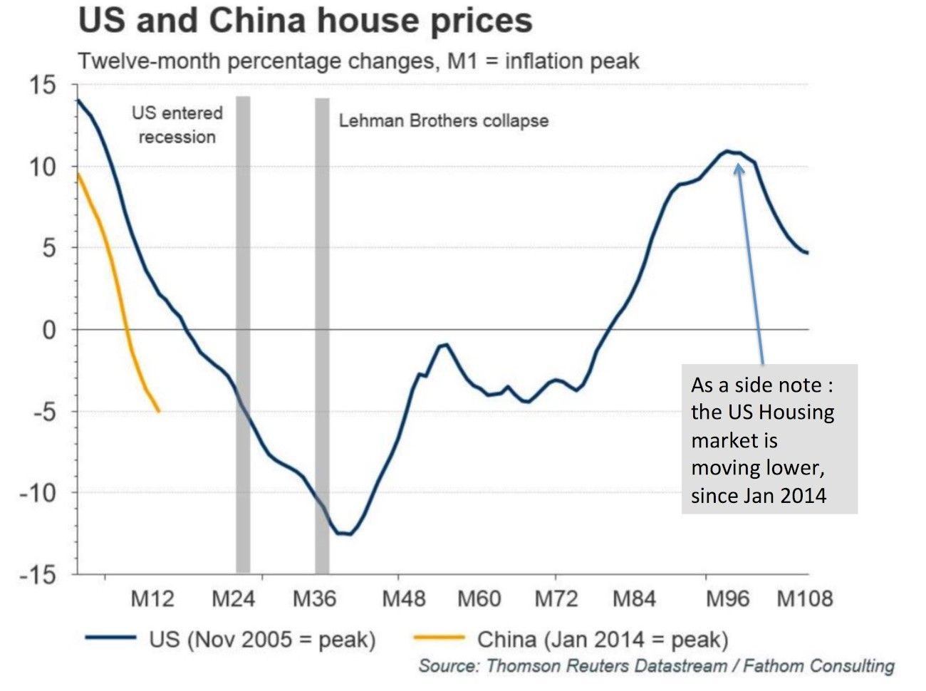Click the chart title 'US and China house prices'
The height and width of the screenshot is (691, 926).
(x=305, y=21)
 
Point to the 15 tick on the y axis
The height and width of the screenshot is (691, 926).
(x=43, y=86)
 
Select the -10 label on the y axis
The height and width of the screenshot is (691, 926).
(x=37, y=493)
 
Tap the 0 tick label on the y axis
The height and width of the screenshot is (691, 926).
(x=48, y=331)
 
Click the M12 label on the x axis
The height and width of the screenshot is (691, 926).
(x=152, y=598)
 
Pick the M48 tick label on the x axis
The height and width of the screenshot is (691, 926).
(x=403, y=598)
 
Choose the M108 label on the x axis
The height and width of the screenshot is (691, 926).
(x=804, y=598)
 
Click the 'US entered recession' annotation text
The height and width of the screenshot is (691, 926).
(x=177, y=125)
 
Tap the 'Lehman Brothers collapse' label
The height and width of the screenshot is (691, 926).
(x=443, y=120)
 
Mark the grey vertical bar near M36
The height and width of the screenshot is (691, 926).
(x=322, y=335)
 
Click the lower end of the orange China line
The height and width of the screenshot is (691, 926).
(x=158, y=411)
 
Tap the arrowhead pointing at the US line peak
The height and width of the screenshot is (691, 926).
(x=739, y=168)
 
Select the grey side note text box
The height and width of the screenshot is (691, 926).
(x=769, y=439)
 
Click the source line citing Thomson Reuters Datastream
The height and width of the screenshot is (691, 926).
(x=656, y=666)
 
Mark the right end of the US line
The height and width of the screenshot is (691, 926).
(x=807, y=253)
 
